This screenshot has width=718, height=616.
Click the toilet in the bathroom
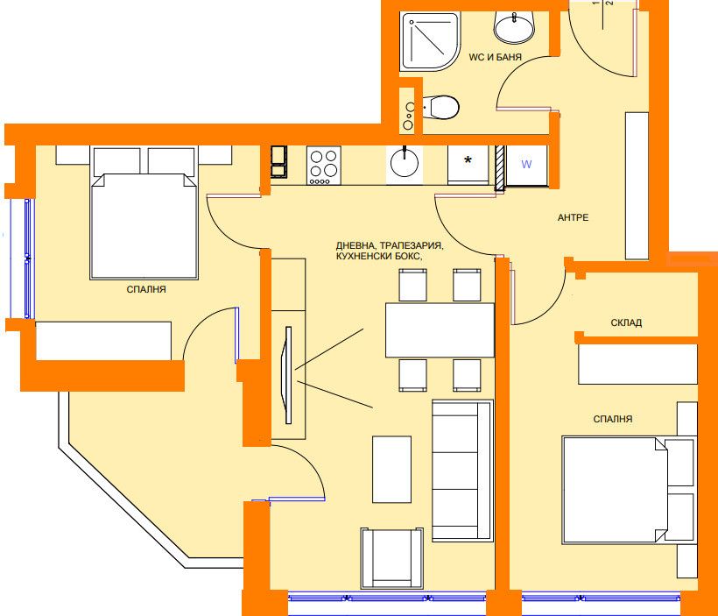click(440, 107)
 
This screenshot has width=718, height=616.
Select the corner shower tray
click(430, 42)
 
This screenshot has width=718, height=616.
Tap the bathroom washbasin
click(514, 27)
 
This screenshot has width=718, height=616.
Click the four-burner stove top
click(324, 166)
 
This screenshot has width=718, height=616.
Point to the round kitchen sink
click(405, 163)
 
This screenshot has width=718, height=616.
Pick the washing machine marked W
click(526, 165)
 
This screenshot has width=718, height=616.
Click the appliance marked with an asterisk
click(468, 165)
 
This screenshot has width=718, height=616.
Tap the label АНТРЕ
click(573, 217)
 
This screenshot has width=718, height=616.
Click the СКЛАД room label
click(626, 322)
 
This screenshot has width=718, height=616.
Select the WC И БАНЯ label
click(495, 57)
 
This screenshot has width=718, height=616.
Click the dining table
click(440, 330)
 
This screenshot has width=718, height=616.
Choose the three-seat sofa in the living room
click(462, 471)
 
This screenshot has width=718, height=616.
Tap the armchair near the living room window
click(391, 558)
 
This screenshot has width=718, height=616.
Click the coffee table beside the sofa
click(391, 470)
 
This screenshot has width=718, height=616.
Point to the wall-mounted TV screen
click(288, 375)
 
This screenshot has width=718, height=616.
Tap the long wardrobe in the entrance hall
click(637, 186)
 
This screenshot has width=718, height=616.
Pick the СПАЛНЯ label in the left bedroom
click(146, 290)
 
